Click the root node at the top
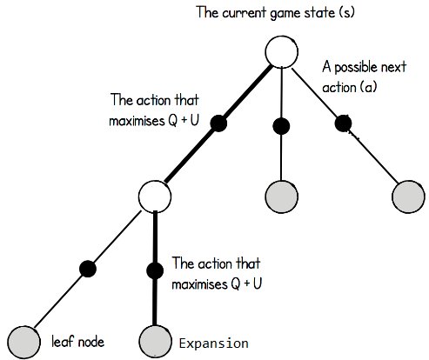281,52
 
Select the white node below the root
155,197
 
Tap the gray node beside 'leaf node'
23,342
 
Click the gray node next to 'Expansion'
155,342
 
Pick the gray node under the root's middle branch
281,197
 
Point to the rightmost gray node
408,197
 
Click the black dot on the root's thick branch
218,123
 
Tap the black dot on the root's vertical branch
281,126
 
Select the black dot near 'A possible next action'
343,123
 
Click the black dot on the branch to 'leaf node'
88,269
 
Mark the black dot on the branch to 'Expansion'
155,270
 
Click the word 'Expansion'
214,343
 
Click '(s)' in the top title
346,13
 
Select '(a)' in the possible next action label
368,87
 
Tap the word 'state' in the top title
320,13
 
